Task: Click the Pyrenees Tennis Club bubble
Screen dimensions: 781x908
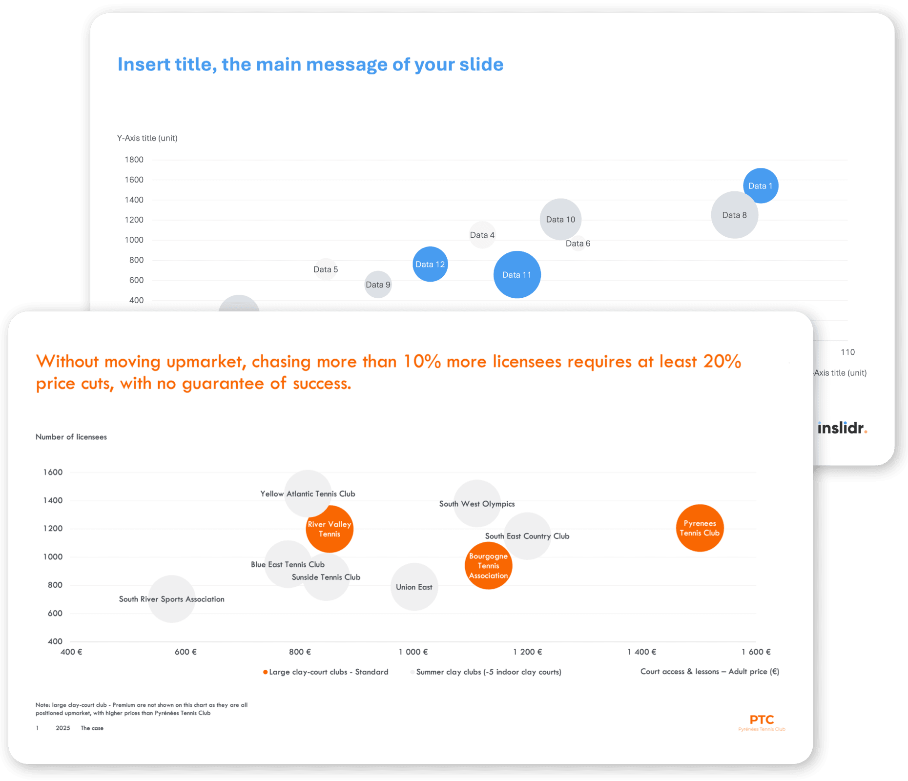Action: (x=700, y=528)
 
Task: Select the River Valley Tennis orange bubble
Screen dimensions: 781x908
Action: (x=330, y=529)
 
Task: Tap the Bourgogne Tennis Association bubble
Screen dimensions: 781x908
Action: (x=488, y=566)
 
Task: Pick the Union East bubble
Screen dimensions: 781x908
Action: (x=414, y=587)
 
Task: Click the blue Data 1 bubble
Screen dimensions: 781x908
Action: (x=761, y=185)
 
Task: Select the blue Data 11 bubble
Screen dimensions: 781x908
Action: (x=517, y=275)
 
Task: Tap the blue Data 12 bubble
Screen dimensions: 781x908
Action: (x=430, y=264)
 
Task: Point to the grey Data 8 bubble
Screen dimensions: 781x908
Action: (x=734, y=215)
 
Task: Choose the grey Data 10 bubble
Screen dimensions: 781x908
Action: (x=560, y=219)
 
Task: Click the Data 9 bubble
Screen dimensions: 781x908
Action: (x=378, y=285)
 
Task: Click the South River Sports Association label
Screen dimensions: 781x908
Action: (x=171, y=599)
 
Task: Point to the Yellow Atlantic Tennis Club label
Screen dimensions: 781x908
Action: (x=308, y=494)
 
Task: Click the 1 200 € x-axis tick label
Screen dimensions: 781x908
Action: (x=527, y=652)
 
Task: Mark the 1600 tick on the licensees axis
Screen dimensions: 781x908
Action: (x=53, y=472)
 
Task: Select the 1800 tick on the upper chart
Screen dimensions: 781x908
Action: (x=134, y=160)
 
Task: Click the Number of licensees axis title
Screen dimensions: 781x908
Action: (x=71, y=437)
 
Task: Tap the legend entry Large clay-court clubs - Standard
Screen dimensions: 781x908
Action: (x=328, y=672)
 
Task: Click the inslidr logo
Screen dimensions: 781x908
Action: (x=842, y=428)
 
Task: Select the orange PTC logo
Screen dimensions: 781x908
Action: (x=762, y=720)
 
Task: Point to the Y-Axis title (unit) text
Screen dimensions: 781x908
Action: (x=147, y=138)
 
